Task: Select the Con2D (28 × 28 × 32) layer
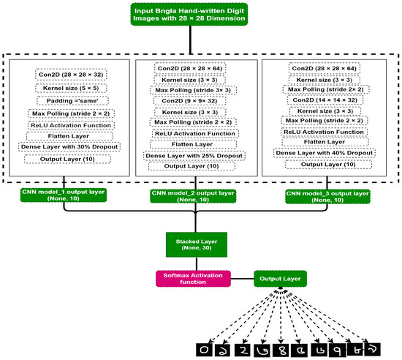coord(69,75)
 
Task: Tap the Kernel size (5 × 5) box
coord(69,88)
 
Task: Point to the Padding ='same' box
coord(69,101)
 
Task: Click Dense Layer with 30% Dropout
coord(69,146)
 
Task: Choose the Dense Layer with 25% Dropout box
coord(194,155)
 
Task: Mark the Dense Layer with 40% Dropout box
coord(324,152)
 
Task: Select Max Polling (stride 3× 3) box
coord(194,90)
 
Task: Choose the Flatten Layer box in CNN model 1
coord(69,135)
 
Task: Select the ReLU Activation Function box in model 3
coord(324,132)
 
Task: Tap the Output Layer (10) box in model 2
coord(194,166)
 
